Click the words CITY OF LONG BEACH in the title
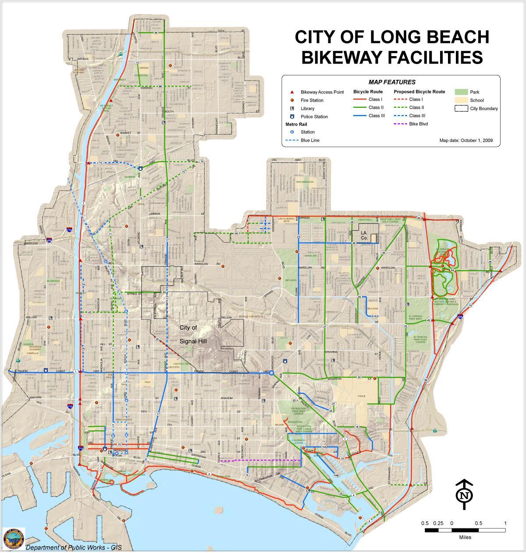tap(392, 37)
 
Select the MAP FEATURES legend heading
tap(391, 82)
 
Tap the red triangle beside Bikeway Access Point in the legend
tap(291, 92)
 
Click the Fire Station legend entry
tap(312, 100)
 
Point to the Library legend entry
tap(307, 109)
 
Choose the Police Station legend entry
tap(314, 117)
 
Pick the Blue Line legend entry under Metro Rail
tap(309, 140)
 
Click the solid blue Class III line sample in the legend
tap(360, 116)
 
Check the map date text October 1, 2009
tap(466, 141)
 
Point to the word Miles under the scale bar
tap(465, 537)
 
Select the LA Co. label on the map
tap(364, 235)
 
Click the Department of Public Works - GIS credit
tap(73, 547)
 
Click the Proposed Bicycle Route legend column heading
tap(419, 92)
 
